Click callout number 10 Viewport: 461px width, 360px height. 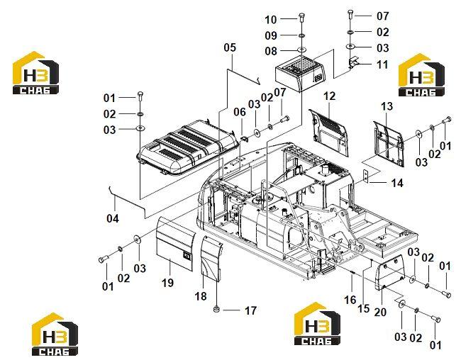(x=271, y=20)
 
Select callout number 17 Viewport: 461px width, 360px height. (x=250, y=310)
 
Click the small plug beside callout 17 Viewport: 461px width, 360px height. (x=217, y=309)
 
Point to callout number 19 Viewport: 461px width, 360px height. (x=167, y=283)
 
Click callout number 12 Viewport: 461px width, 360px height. (x=329, y=96)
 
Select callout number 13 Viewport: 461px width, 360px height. (x=387, y=106)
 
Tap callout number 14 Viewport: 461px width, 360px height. (x=397, y=183)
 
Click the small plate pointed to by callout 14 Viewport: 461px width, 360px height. (x=365, y=176)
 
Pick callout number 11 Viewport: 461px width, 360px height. (x=382, y=64)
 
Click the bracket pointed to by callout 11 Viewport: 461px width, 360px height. (x=353, y=62)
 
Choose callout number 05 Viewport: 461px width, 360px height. (x=230, y=47)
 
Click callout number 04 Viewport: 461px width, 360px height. (x=113, y=218)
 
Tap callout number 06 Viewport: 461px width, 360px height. (x=240, y=112)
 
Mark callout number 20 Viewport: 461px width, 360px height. (x=380, y=312)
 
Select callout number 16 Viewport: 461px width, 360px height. (x=350, y=300)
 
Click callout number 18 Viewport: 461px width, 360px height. (x=201, y=296)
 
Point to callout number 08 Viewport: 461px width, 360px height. (x=271, y=51)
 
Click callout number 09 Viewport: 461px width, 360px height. (x=271, y=35)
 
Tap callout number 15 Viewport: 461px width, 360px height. (x=363, y=308)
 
